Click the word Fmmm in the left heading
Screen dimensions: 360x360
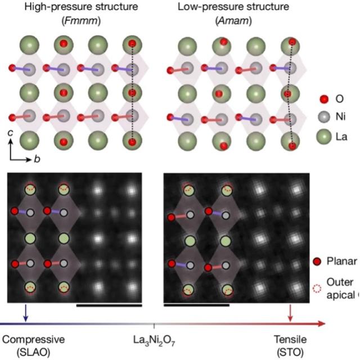(x=81, y=21)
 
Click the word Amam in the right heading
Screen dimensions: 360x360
(x=233, y=21)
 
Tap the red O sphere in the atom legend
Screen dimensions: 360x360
(x=324, y=99)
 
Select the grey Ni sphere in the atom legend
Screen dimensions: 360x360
(x=324, y=117)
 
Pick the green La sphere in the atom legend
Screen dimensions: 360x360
(x=324, y=137)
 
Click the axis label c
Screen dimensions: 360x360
(x=10, y=133)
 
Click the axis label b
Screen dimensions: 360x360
(x=37, y=159)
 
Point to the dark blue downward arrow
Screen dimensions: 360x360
(x=26, y=313)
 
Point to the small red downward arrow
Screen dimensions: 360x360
(x=290, y=313)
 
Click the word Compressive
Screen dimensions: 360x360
(x=34, y=340)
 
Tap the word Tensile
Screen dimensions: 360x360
(x=290, y=339)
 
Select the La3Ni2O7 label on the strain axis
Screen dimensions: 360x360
(x=154, y=340)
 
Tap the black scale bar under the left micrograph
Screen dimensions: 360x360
(x=109, y=305)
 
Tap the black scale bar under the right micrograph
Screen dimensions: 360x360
(x=196, y=305)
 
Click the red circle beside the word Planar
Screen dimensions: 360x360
(x=317, y=262)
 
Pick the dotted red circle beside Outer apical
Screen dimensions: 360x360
(x=317, y=289)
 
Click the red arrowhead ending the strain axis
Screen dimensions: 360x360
(x=321, y=324)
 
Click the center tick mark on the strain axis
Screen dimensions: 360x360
(x=154, y=326)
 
